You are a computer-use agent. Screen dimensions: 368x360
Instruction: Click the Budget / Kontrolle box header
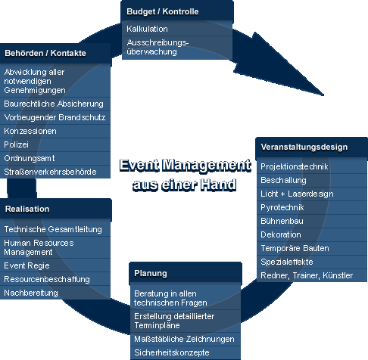tap(177, 11)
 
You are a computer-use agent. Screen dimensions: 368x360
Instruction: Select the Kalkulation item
tap(177, 29)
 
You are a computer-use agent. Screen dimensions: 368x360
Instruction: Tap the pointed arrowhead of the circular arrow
tap(323, 95)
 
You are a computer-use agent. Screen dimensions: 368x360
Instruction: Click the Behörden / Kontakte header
tap(55, 53)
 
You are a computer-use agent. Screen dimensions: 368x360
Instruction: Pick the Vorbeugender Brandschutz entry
tap(55, 117)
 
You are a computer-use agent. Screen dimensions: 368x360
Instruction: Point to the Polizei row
tap(55, 144)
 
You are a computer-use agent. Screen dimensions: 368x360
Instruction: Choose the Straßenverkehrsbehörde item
tap(55, 172)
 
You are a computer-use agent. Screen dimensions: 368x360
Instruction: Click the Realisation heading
tap(56, 209)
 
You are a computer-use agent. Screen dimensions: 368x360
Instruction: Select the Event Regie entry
tap(55, 265)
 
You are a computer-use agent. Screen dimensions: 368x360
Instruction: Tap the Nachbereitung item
tap(55, 293)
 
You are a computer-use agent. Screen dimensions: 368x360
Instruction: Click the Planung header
tap(186, 273)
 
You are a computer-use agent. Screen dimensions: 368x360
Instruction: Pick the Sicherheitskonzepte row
tap(186, 352)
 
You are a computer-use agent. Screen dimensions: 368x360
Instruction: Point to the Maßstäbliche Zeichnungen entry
tap(186, 339)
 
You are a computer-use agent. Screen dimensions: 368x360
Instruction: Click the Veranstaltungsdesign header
tap(312, 147)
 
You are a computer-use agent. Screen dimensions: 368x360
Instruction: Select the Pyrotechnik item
tap(312, 207)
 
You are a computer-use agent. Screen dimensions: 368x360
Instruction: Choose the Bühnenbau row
tap(312, 221)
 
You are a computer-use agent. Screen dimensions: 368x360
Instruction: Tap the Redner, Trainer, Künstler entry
tap(312, 275)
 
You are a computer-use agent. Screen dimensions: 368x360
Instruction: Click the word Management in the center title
tap(207, 166)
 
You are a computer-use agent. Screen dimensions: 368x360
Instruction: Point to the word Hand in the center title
tap(218, 185)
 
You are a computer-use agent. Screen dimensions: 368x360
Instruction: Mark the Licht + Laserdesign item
tap(312, 194)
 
